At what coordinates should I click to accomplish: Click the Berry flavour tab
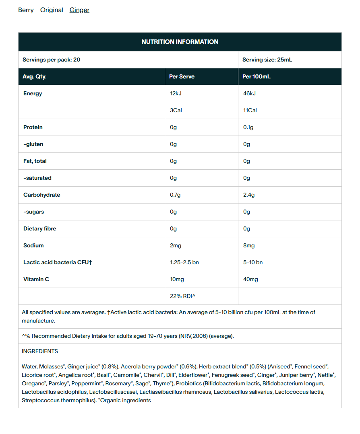coord(26,10)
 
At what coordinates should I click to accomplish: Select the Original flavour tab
coord(52,10)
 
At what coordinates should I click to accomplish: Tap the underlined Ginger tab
coord(79,10)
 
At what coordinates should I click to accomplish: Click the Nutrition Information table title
coord(180,42)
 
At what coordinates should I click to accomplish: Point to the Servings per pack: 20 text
coord(51,60)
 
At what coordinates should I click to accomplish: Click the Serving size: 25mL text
coord(267,60)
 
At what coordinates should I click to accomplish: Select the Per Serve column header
coord(182,77)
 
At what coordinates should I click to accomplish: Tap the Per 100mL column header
coord(257,77)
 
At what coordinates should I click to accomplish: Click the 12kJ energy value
coord(176,94)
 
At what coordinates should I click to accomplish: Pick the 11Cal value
coord(250,111)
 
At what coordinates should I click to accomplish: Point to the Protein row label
coord(33,128)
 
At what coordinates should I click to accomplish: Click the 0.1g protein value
coord(248,128)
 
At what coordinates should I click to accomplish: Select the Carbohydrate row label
coord(42,195)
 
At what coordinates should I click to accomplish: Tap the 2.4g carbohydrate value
coord(249,195)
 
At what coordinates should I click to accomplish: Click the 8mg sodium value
coord(249,246)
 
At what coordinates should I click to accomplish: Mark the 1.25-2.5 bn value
coord(184,263)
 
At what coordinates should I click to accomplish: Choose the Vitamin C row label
coord(36,280)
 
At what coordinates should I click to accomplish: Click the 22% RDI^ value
coord(182,296)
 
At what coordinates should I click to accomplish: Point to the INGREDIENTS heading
coord(40,352)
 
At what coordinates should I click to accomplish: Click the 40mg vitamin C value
coord(250,280)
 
